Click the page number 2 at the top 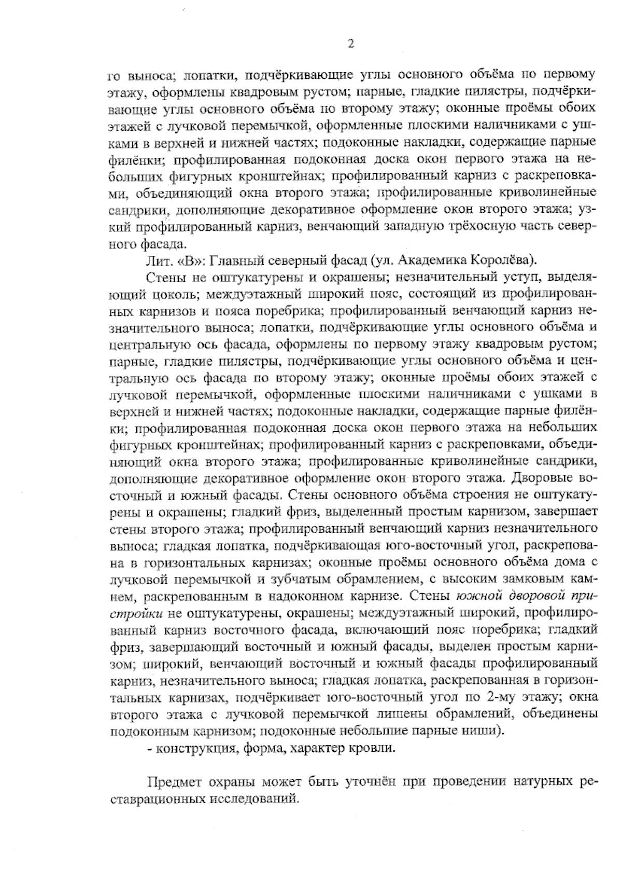coord(350,45)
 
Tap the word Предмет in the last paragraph coord(172,781)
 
